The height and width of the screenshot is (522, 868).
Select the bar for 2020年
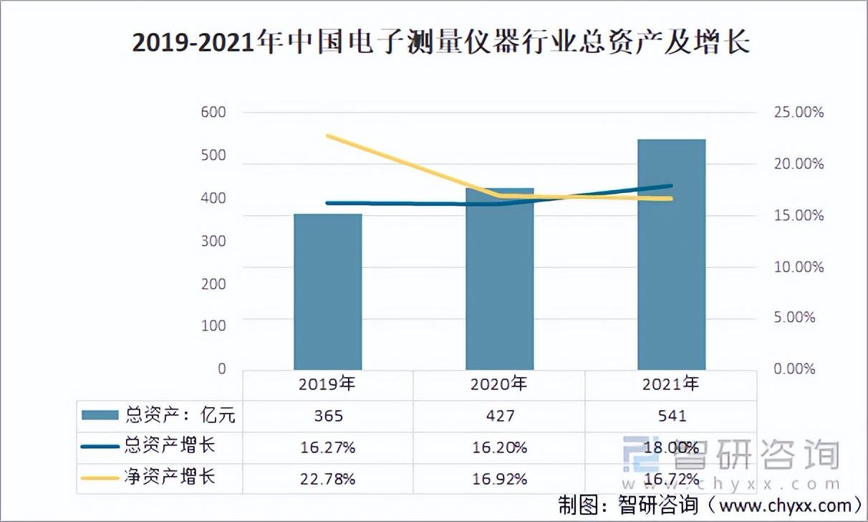coord(499,279)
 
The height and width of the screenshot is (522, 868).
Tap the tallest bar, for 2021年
coord(671,255)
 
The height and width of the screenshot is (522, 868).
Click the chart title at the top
coord(441,43)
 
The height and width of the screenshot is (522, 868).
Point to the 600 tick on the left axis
coord(212,113)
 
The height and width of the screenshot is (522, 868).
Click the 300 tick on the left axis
coord(212,241)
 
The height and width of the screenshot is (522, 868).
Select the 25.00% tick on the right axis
coord(799,113)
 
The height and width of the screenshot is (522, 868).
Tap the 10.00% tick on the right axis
coord(799,267)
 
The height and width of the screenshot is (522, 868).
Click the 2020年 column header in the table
coord(499,384)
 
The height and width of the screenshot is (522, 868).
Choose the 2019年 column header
coord(327,384)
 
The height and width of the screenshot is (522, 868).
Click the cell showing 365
coord(327,416)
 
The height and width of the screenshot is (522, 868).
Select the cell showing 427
coord(499,416)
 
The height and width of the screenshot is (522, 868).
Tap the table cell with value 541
coord(671,416)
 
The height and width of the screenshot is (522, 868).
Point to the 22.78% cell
coord(327,478)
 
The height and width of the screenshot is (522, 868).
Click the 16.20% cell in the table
coord(499,447)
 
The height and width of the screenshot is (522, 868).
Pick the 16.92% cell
coord(499,478)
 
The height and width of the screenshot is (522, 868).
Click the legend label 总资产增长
coord(170,446)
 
